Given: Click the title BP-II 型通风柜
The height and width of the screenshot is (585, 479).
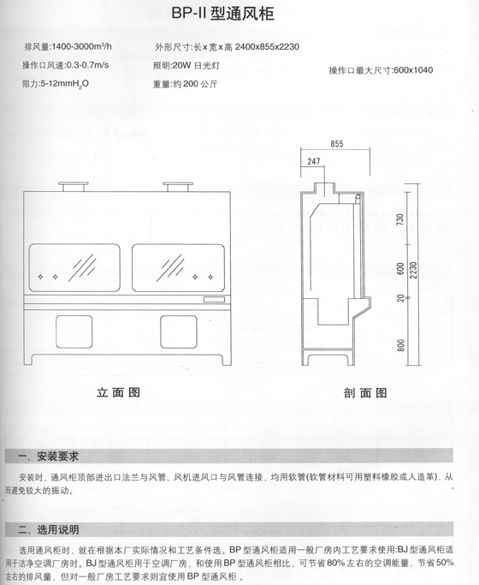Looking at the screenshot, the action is pyautogui.click(x=222, y=14).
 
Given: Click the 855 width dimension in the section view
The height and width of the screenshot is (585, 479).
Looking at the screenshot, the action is pyautogui.click(x=336, y=144).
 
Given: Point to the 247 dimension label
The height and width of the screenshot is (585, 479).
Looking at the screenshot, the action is pyautogui.click(x=314, y=162).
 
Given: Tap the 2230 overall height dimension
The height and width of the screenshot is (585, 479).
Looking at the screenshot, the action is pyautogui.click(x=413, y=270).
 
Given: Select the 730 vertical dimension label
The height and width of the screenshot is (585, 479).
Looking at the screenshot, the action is pyautogui.click(x=400, y=219).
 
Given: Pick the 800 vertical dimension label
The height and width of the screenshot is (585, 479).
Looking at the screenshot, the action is pyautogui.click(x=401, y=344).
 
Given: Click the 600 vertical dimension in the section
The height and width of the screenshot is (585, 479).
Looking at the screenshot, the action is pyautogui.click(x=400, y=269).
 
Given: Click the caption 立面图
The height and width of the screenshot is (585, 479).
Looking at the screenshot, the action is pyautogui.click(x=118, y=392).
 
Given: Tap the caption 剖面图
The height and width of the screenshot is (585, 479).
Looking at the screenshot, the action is pyautogui.click(x=365, y=393).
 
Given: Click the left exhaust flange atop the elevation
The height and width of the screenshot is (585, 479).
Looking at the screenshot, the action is pyautogui.click(x=73, y=187).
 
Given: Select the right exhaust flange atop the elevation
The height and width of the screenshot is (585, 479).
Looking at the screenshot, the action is pyautogui.click(x=178, y=187).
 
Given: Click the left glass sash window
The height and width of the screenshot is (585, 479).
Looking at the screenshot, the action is pyautogui.click(x=74, y=267).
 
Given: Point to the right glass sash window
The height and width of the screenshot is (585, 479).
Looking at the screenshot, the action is pyautogui.click(x=179, y=267).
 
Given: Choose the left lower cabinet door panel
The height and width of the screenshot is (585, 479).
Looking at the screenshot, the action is pyautogui.click(x=74, y=331).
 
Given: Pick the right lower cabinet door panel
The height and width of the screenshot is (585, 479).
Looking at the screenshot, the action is pyautogui.click(x=179, y=331).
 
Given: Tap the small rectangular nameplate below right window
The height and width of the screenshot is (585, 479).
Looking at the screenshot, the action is pyautogui.click(x=214, y=299).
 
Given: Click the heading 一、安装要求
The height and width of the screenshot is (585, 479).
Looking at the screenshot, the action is pyautogui.click(x=49, y=457).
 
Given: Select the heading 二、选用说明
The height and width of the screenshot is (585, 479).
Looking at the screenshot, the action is pyautogui.click(x=49, y=529).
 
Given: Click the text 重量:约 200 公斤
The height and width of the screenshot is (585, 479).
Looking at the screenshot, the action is pyautogui.click(x=185, y=84).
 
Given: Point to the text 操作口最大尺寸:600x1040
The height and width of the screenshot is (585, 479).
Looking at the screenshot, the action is pyautogui.click(x=381, y=70).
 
